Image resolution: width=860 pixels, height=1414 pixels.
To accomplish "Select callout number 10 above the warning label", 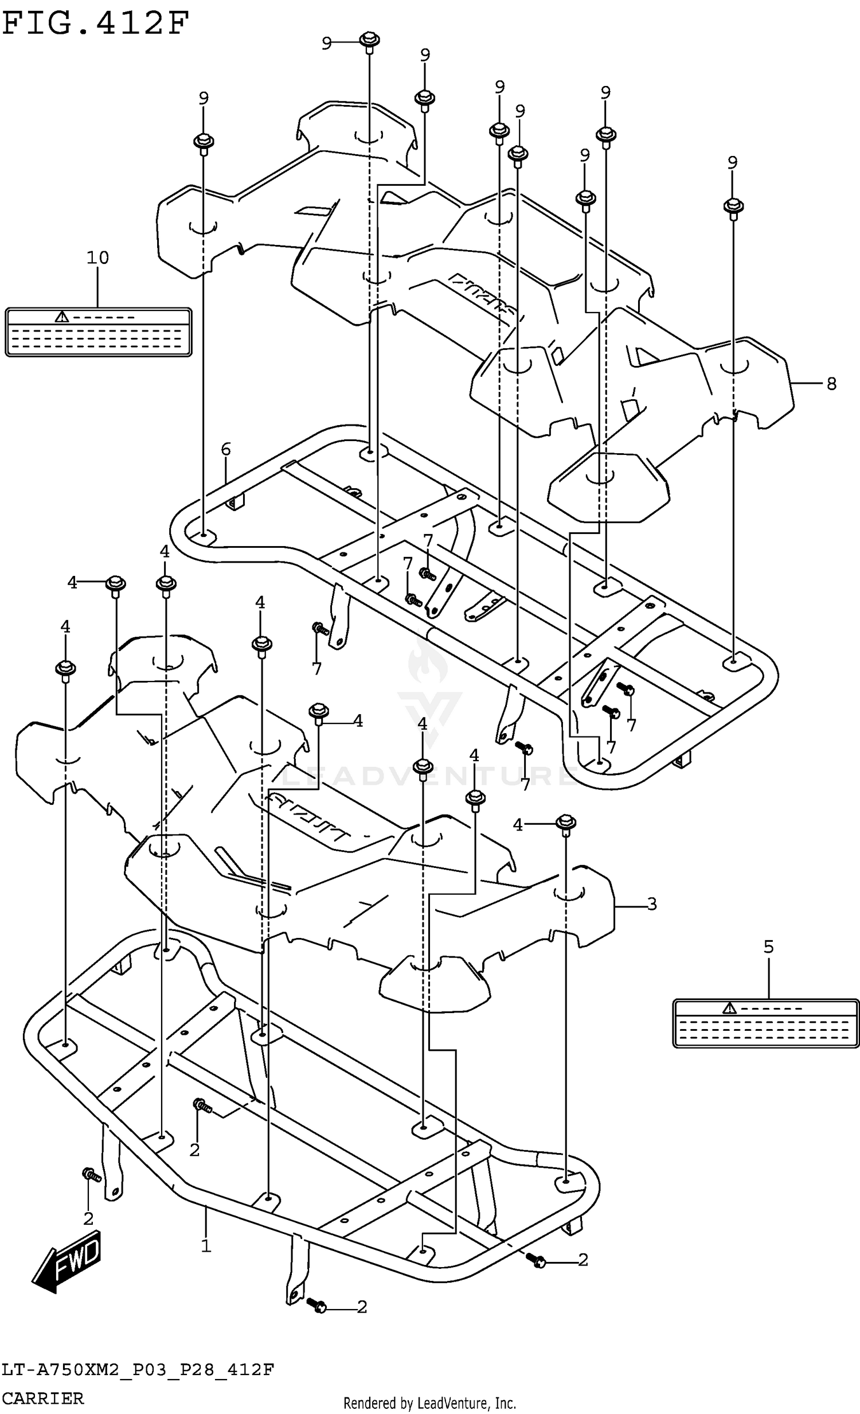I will [97, 258].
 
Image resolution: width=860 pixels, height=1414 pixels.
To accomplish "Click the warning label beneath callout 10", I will [98, 332].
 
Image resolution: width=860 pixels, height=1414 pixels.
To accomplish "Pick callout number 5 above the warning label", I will [768, 947].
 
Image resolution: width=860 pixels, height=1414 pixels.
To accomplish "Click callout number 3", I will [651, 905].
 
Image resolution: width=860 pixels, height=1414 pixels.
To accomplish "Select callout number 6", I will [225, 449].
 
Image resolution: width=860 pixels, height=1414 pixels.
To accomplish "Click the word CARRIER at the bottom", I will [44, 1398].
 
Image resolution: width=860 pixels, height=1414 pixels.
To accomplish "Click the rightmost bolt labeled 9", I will [733, 207].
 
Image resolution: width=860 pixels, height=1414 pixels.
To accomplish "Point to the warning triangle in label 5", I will [729, 1008].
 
